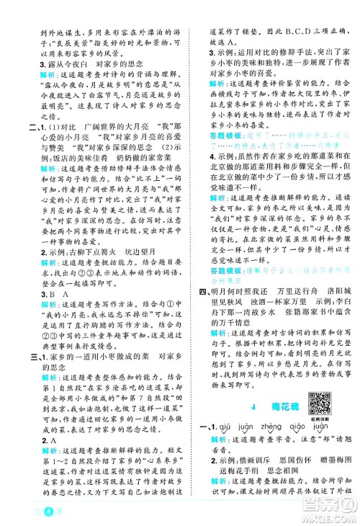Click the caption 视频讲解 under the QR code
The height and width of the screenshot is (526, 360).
(x=318, y=416)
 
